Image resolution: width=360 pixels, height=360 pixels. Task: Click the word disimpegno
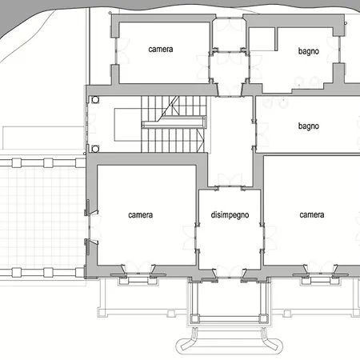coord(230,215)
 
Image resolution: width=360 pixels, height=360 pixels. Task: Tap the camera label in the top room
coord(161,49)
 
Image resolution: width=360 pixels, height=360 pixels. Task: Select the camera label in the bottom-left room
coord(141,215)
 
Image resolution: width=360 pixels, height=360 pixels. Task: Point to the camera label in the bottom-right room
coord(312,214)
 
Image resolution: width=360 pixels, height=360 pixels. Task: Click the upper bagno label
coord(309,51)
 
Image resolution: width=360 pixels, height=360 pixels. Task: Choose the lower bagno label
coord(309,126)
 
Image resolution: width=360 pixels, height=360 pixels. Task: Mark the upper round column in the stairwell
coord(95,100)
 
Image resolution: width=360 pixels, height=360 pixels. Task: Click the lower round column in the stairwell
coord(95,149)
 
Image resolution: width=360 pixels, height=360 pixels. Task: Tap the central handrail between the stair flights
coord(174,125)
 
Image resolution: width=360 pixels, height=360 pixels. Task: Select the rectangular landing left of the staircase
coord(128,125)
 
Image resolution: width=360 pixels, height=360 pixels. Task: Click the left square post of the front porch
coord(194,318)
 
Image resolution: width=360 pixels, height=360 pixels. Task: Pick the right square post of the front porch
coord(263,318)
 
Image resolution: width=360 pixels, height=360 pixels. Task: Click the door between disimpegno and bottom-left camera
coord(196,238)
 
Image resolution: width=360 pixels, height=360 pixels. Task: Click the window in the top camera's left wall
coord(116,51)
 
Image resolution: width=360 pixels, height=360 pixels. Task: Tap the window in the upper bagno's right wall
coord(339,50)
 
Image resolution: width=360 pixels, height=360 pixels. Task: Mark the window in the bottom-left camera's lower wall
coord(138,273)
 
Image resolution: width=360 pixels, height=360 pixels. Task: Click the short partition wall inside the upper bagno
coord(276,39)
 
